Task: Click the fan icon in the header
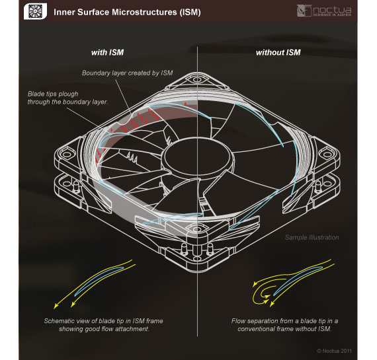click(35, 11)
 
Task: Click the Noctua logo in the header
click(324, 11)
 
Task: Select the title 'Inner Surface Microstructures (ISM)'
click(127, 13)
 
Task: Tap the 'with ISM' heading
click(107, 52)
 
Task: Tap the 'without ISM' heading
click(278, 52)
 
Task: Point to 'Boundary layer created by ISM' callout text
click(127, 73)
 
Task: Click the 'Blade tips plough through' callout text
click(67, 98)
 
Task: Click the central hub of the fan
click(197, 156)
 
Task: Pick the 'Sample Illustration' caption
click(312, 237)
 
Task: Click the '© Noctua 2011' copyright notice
click(334, 351)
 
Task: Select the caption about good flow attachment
click(104, 325)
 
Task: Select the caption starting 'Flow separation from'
click(284, 325)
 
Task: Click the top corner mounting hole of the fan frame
click(197, 79)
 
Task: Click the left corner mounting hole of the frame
click(65, 154)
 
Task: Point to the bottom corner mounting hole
click(197, 229)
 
